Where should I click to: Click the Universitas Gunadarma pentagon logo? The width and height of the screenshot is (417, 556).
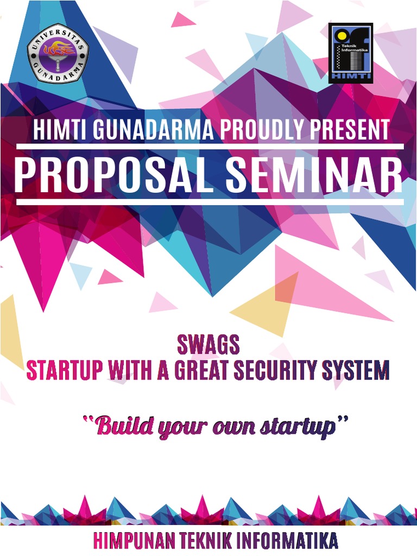tap(58, 53)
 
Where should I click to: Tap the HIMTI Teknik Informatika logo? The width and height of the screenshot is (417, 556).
tap(350, 53)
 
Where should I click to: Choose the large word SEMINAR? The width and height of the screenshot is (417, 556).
tap(314, 175)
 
